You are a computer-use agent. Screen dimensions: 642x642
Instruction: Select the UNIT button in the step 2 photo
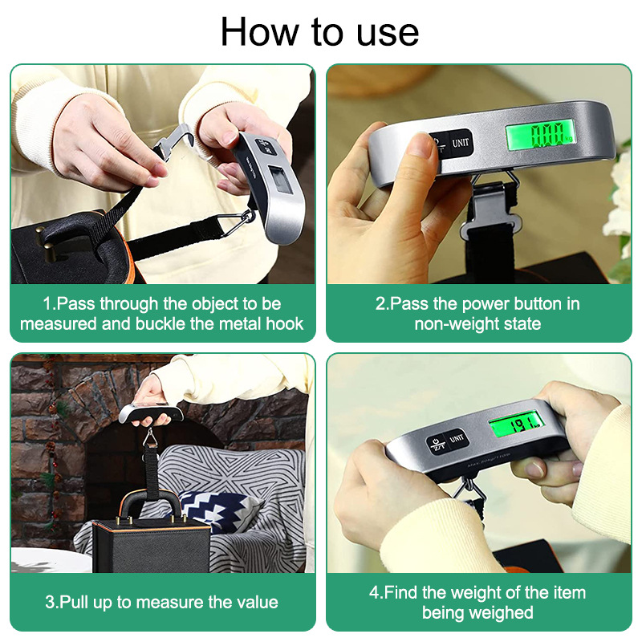tap(461, 144)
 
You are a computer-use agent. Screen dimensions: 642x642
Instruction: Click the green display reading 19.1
tap(516, 421)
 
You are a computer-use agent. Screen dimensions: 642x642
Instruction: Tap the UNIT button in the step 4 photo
tap(457, 439)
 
